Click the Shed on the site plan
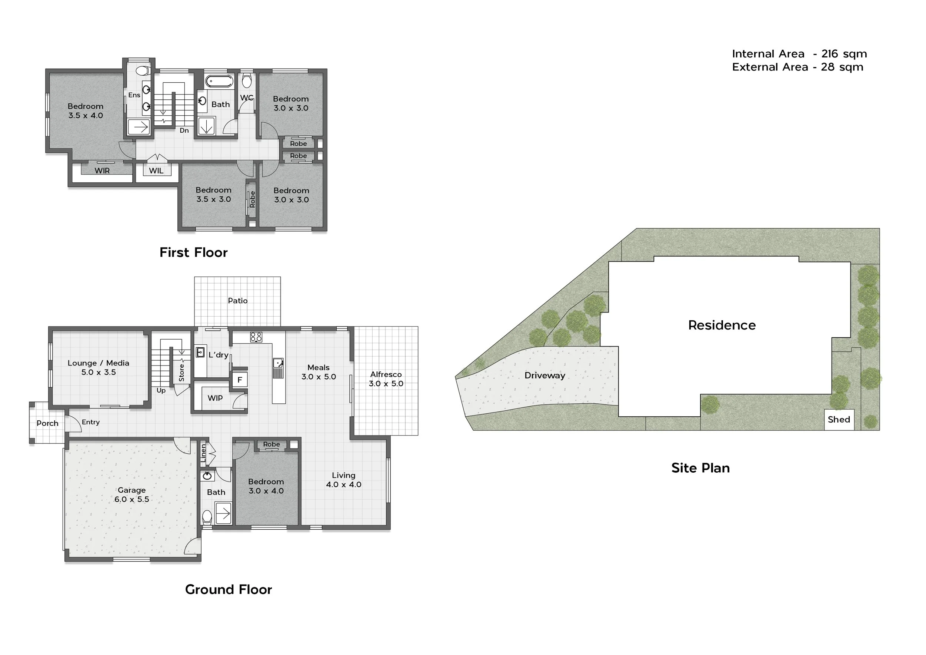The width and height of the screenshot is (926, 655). (x=839, y=420)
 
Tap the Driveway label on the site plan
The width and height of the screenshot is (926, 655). (x=544, y=376)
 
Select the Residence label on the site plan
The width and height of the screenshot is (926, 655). (x=722, y=325)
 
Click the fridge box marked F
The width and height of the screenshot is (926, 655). (x=240, y=380)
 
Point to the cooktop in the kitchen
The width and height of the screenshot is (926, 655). (x=256, y=337)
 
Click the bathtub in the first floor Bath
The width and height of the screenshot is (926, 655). (x=219, y=81)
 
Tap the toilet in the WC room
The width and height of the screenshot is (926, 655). (x=247, y=80)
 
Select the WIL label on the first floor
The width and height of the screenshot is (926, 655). (x=156, y=171)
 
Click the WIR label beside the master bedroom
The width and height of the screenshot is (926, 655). (x=102, y=171)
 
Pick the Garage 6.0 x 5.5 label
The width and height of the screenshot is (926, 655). (x=131, y=495)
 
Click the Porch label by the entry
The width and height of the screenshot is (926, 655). (x=47, y=423)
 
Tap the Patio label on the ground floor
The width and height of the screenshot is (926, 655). (x=237, y=301)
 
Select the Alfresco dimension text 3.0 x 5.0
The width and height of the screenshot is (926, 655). (x=386, y=384)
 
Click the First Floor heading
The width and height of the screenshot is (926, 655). (x=194, y=253)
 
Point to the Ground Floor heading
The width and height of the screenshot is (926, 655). (x=229, y=590)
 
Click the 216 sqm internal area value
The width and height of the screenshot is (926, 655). (x=844, y=54)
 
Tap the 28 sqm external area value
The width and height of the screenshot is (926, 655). (x=842, y=67)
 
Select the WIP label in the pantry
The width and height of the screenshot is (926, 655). (x=215, y=398)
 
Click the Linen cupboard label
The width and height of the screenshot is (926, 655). (x=203, y=453)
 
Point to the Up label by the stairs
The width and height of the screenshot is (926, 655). (x=161, y=391)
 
